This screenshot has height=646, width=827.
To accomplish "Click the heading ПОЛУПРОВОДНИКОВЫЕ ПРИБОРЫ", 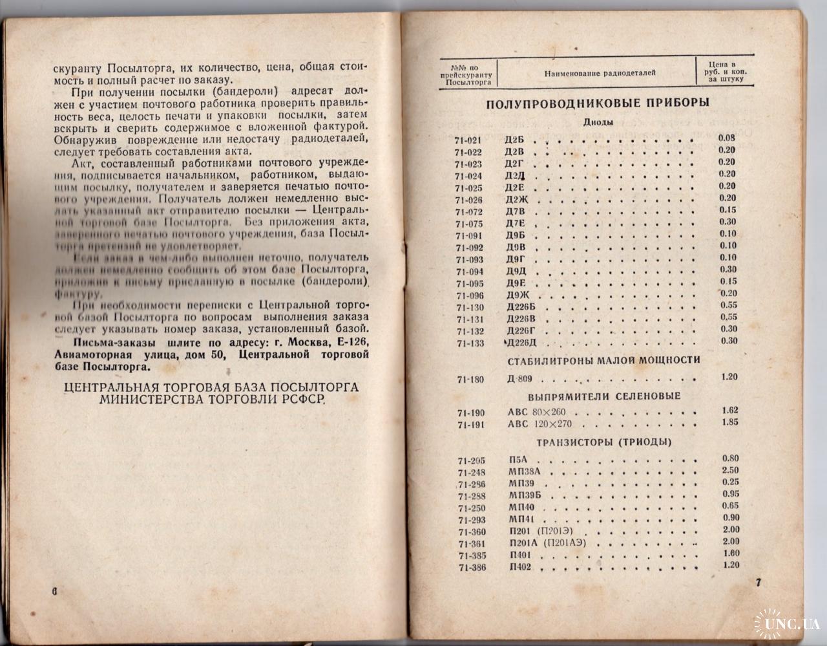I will [x=598, y=103].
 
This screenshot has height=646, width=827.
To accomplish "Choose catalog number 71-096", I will [x=469, y=296].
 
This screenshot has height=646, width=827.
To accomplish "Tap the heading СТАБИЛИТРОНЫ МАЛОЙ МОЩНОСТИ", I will [x=604, y=360].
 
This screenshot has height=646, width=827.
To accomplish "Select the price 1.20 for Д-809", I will [x=729, y=377].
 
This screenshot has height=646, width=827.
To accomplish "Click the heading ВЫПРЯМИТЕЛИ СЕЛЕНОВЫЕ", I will [x=604, y=396].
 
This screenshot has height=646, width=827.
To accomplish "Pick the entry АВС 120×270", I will [x=539, y=425].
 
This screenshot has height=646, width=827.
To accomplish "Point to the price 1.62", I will [x=729, y=410].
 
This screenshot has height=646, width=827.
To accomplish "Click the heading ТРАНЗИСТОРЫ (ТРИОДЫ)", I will [x=604, y=442].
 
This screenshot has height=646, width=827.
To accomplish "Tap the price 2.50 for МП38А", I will [x=730, y=470].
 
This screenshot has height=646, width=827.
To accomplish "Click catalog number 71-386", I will [x=472, y=568].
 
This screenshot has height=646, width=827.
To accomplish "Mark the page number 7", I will [x=759, y=582].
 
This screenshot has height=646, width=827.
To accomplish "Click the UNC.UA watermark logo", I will [x=784, y=622].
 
